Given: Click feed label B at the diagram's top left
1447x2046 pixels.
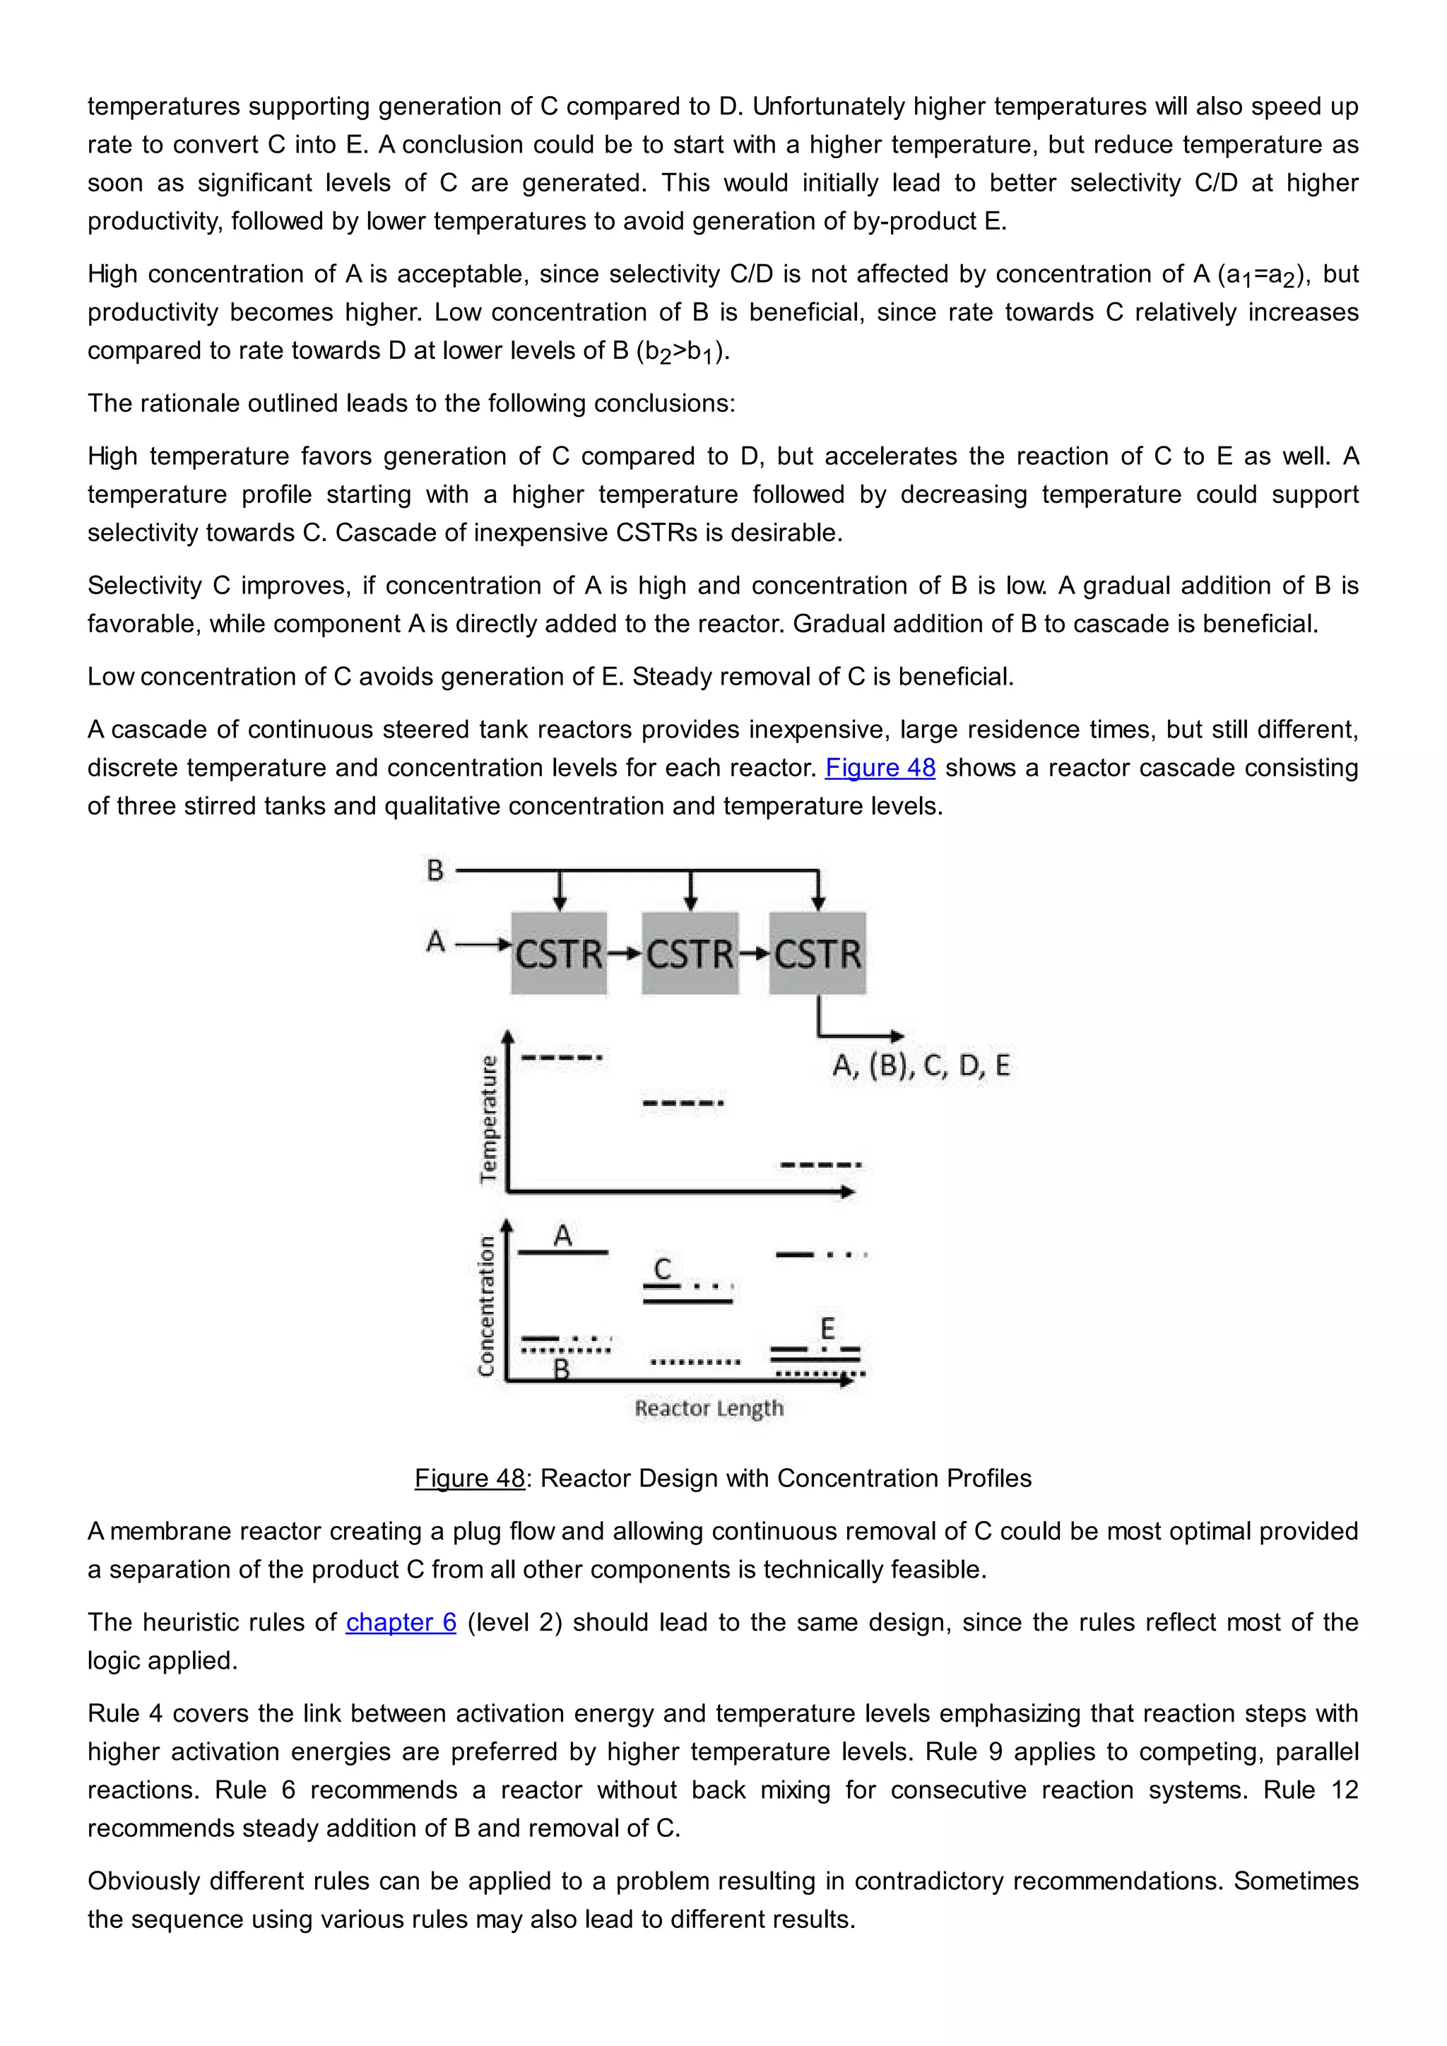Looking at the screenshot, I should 435,870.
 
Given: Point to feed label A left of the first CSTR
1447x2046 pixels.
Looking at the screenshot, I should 435,941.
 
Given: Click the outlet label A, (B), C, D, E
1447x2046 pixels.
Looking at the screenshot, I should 921,1066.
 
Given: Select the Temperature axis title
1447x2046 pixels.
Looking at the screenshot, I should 488,1119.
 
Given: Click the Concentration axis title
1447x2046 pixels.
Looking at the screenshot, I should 485,1306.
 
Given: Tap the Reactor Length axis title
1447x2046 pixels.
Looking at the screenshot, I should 709,1408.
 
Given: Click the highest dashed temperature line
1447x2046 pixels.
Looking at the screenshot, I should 561,1058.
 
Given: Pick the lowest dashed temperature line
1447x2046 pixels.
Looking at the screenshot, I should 820,1165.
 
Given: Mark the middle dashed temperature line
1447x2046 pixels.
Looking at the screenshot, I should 683,1104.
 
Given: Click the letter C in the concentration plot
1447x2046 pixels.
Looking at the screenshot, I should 662,1269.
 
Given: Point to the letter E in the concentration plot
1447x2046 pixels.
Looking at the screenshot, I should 827,1330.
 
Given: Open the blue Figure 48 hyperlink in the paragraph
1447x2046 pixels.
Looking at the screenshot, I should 880,768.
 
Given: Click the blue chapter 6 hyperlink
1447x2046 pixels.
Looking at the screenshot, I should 401,1622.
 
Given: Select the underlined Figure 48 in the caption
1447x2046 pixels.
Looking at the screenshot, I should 470,1479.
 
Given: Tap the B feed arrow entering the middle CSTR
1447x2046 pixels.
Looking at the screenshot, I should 690,891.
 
